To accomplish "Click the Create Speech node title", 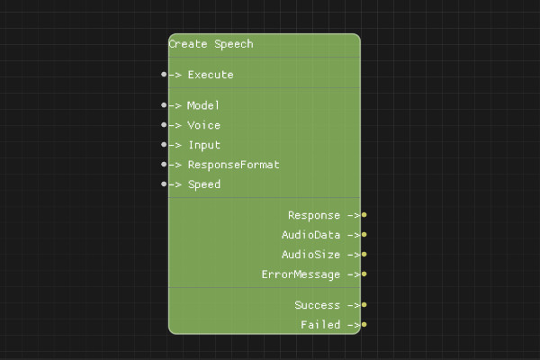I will [x=211, y=44].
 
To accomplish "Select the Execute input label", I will [x=210, y=75].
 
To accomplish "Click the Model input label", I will [x=203, y=105].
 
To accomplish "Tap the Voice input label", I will [x=203, y=125].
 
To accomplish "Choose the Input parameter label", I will [x=203, y=145].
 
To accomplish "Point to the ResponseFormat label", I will [x=233, y=165].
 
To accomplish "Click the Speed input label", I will [x=203, y=184].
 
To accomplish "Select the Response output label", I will [x=314, y=215].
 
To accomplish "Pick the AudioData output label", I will [x=310, y=235].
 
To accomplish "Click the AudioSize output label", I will [x=310, y=255].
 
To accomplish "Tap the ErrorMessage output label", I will [x=301, y=274].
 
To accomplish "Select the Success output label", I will [x=317, y=305].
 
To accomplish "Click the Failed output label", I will [x=320, y=325].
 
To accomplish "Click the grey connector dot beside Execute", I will [x=164, y=75].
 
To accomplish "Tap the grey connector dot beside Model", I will [x=164, y=105].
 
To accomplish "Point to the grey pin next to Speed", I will [x=164, y=184].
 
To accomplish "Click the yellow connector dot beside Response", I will [x=364, y=215].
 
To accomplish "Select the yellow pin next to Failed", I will [x=364, y=325].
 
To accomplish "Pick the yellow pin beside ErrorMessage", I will [x=364, y=274].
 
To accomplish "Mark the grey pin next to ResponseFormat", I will [x=164, y=165].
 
